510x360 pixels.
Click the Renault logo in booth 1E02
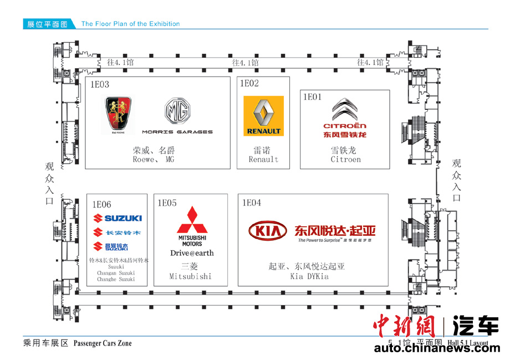[263, 116]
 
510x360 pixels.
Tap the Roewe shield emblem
[118, 115]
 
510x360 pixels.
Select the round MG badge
[177, 112]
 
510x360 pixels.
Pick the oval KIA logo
[268, 230]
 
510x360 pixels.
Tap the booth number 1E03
[100, 85]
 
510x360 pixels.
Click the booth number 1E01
[312, 97]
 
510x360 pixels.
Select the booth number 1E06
[102, 205]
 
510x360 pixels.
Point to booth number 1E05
[167, 203]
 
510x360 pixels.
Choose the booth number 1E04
[251, 203]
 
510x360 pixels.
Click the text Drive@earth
[192, 253]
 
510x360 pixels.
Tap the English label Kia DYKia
[309, 276]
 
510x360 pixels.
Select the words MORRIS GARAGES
[177, 132]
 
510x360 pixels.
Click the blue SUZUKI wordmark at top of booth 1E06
[118, 218]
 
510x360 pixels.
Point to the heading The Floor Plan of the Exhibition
[130, 24]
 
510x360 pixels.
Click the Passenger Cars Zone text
[103, 343]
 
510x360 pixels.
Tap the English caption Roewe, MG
[154, 159]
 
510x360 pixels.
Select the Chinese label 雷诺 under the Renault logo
[263, 150]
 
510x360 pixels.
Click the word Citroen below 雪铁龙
[345, 159]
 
